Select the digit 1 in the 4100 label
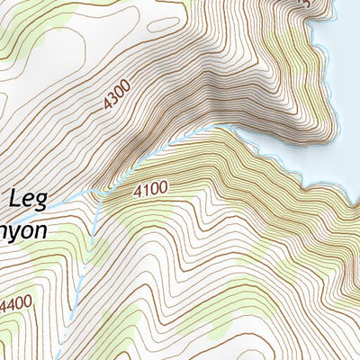[145, 191]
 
